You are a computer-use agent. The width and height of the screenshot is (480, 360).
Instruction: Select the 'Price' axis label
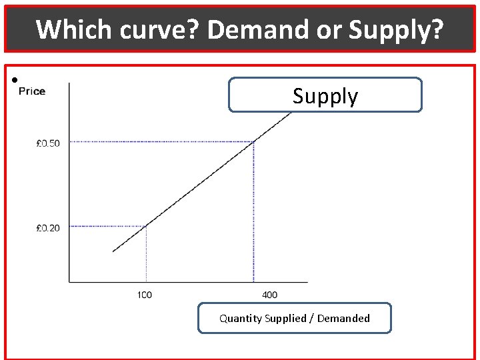click(32, 91)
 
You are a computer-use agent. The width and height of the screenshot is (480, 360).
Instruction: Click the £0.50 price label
click(48, 143)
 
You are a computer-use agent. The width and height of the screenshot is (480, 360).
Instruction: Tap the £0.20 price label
click(48, 228)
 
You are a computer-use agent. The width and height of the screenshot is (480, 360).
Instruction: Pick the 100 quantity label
click(145, 295)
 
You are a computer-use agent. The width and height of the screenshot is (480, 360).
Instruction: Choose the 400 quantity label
click(270, 295)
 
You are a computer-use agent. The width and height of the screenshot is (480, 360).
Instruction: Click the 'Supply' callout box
click(325, 95)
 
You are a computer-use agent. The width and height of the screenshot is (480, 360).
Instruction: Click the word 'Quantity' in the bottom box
click(241, 319)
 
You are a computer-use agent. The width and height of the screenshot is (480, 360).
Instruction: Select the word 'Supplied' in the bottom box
click(287, 319)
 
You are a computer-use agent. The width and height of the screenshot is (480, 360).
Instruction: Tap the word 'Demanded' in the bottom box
click(343, 319)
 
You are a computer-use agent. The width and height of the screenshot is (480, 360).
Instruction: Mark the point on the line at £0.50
click(253, 141)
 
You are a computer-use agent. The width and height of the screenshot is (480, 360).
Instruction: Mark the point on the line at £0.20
click(146, 227)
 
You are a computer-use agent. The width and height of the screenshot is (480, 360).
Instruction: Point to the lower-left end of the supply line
click(114, 251)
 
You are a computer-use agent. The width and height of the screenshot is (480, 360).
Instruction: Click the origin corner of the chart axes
click(69, 281)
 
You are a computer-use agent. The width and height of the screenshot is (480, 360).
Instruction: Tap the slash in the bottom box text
click(313, 319)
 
